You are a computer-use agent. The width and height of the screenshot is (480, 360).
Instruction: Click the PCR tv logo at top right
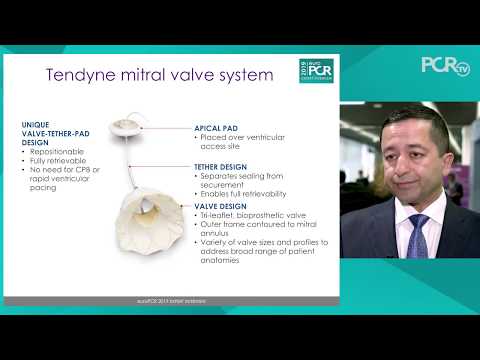click(444, 66)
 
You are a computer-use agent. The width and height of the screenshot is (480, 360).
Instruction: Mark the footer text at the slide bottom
click(170, 300)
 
